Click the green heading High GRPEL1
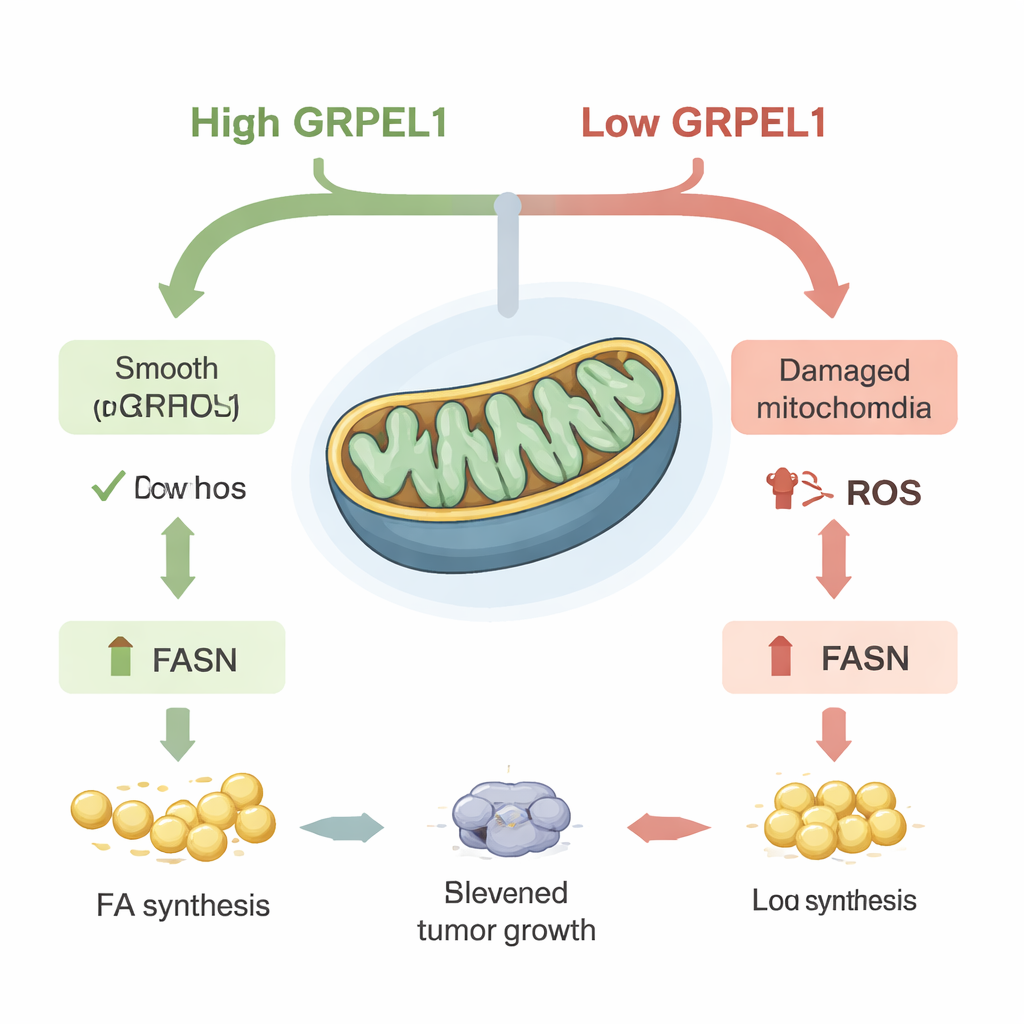coord(318,123)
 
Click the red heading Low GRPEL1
coord(703,123)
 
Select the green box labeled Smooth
coord(166,387)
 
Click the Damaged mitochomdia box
coord(844,388)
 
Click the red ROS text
coord(883,492)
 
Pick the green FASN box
coord(172,657)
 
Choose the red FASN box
coord(840,657)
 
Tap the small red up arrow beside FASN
coord(780,657)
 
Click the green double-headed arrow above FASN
coord(178,558)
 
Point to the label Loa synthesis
coord(834,900)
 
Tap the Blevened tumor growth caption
coord(505,910)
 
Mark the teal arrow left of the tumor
coord(342,827)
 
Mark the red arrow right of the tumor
coord(668,827)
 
